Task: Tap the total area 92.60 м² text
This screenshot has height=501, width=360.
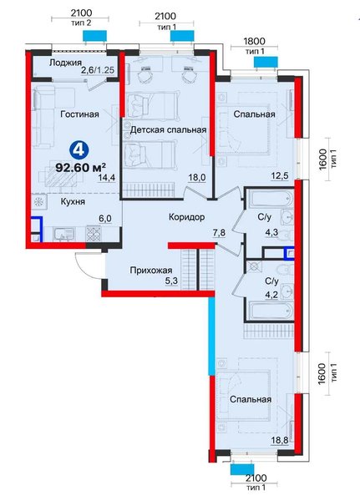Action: [x=81, y=167]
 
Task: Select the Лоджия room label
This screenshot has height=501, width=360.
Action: [x=65, y=63]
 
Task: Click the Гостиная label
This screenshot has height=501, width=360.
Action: [x=79, y=114]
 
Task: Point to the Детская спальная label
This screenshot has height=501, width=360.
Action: [x=168, y=129]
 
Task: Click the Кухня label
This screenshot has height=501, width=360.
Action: [x=73, y=201]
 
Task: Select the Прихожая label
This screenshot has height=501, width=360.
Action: [x=151, y=271]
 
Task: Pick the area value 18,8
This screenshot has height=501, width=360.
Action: [x=281, y=440]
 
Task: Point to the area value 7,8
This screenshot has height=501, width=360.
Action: [x=219, y=232]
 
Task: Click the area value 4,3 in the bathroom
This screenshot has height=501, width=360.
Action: [x=271, y=232]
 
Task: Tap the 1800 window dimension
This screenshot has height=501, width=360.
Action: [x=254, y=41]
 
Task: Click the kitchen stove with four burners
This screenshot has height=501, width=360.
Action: [x=94, y=234]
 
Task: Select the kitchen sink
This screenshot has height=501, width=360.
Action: [x=64, y=235]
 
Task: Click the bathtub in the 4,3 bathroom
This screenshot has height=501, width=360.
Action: [x=271, y=198]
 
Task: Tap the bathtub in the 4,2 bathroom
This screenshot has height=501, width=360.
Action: [x=271, y=311]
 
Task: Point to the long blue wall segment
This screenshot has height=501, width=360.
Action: [x=211, y=337]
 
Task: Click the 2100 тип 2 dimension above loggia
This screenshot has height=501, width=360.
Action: [x=81, y=18]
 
